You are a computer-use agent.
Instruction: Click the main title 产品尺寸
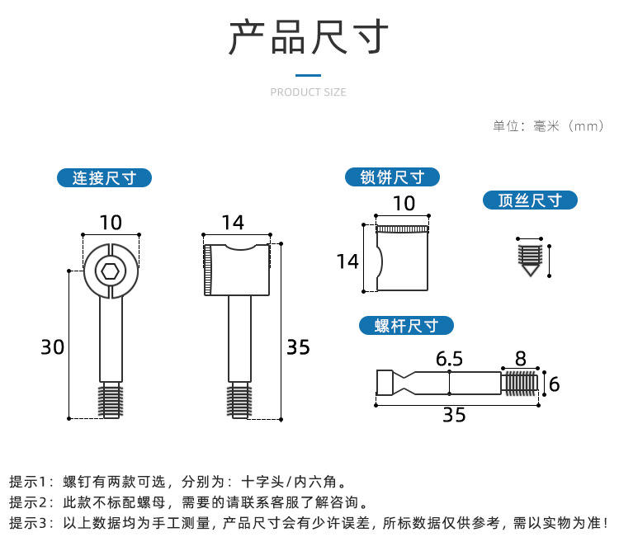pyautogui.click(x=309, y=36)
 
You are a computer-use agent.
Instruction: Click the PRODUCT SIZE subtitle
pyautogui.click(x=309, y=92)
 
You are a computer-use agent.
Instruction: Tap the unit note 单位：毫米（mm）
pyautogui.click(x=548, y=126)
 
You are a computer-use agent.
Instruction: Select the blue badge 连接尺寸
pyautogui.click(x=104, y=177)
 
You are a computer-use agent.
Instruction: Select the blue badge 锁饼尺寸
pyautogui.click(x=392, y=177)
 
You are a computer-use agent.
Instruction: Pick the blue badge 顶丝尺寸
pyautogui.click(x=530, y=200)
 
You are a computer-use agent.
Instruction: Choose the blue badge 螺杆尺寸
pyautogui.click(x=406, y=326)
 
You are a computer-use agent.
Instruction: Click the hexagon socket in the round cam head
pyautogui.click(x=110, y=271)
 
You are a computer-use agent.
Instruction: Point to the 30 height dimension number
pyautogui.click(x=53, y=347)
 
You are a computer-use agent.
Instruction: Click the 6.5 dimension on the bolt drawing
pyautogui.click(x=449, y=359)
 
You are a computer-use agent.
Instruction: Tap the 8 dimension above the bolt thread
pyautogui.click(x=521, y=359)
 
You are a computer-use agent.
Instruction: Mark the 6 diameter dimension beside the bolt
pyautogui.click(x=555, y=384)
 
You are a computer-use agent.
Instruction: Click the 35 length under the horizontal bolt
pyautogui.click(x=454, y=415)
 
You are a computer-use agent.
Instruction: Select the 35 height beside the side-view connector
pyautogui.click(x=299, y=347)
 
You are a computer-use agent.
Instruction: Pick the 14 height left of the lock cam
pyautogui.click(x=347, y=261)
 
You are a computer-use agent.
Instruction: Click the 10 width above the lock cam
pyautogui.click(x=404, y=204)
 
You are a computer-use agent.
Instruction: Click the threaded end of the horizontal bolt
pyautogui.click(x=519, y=383)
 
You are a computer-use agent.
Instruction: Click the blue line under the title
pyautogui.click(x=309, y=75)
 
